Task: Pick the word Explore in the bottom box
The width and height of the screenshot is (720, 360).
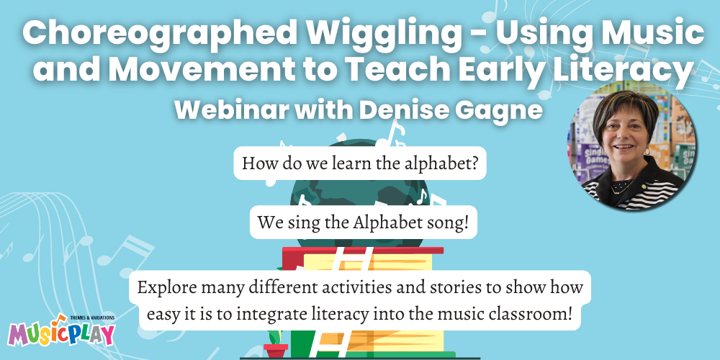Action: coord(166,289)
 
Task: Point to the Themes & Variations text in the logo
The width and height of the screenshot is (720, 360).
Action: coord(92,318)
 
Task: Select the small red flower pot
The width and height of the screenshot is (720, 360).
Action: coord(276,351)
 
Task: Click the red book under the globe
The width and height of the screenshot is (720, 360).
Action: coord(363,251)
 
